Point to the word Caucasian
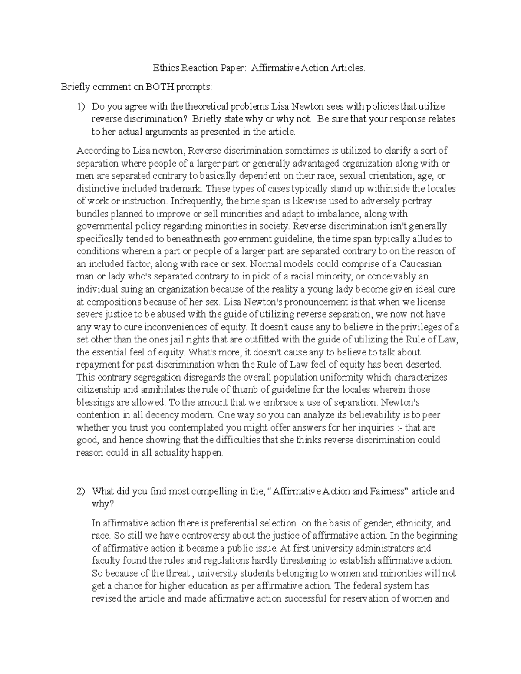tap(420, 264)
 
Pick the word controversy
tap(198, 536)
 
